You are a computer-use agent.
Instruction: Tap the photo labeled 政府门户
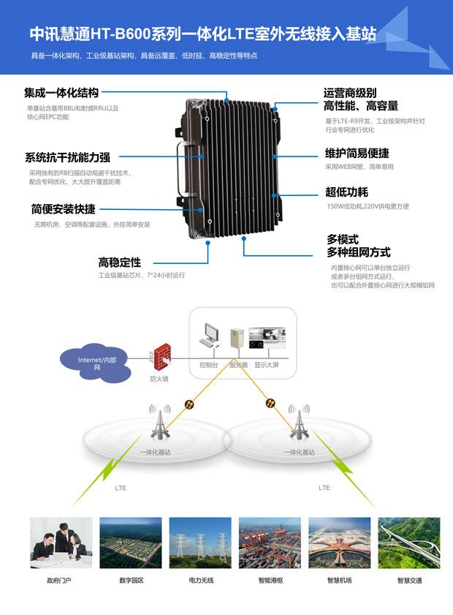(61, 543)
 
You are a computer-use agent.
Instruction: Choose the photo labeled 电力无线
(200, 543)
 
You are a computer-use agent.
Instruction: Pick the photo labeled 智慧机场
(339, 543)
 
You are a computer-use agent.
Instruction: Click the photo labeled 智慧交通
(408, 543)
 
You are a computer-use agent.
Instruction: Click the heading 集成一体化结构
(61, 94)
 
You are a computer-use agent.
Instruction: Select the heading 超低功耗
(346, 192)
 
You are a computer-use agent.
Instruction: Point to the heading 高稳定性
(120, 262)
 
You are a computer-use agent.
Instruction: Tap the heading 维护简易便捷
(357, 154)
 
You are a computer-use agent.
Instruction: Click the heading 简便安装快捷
(63, 208)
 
